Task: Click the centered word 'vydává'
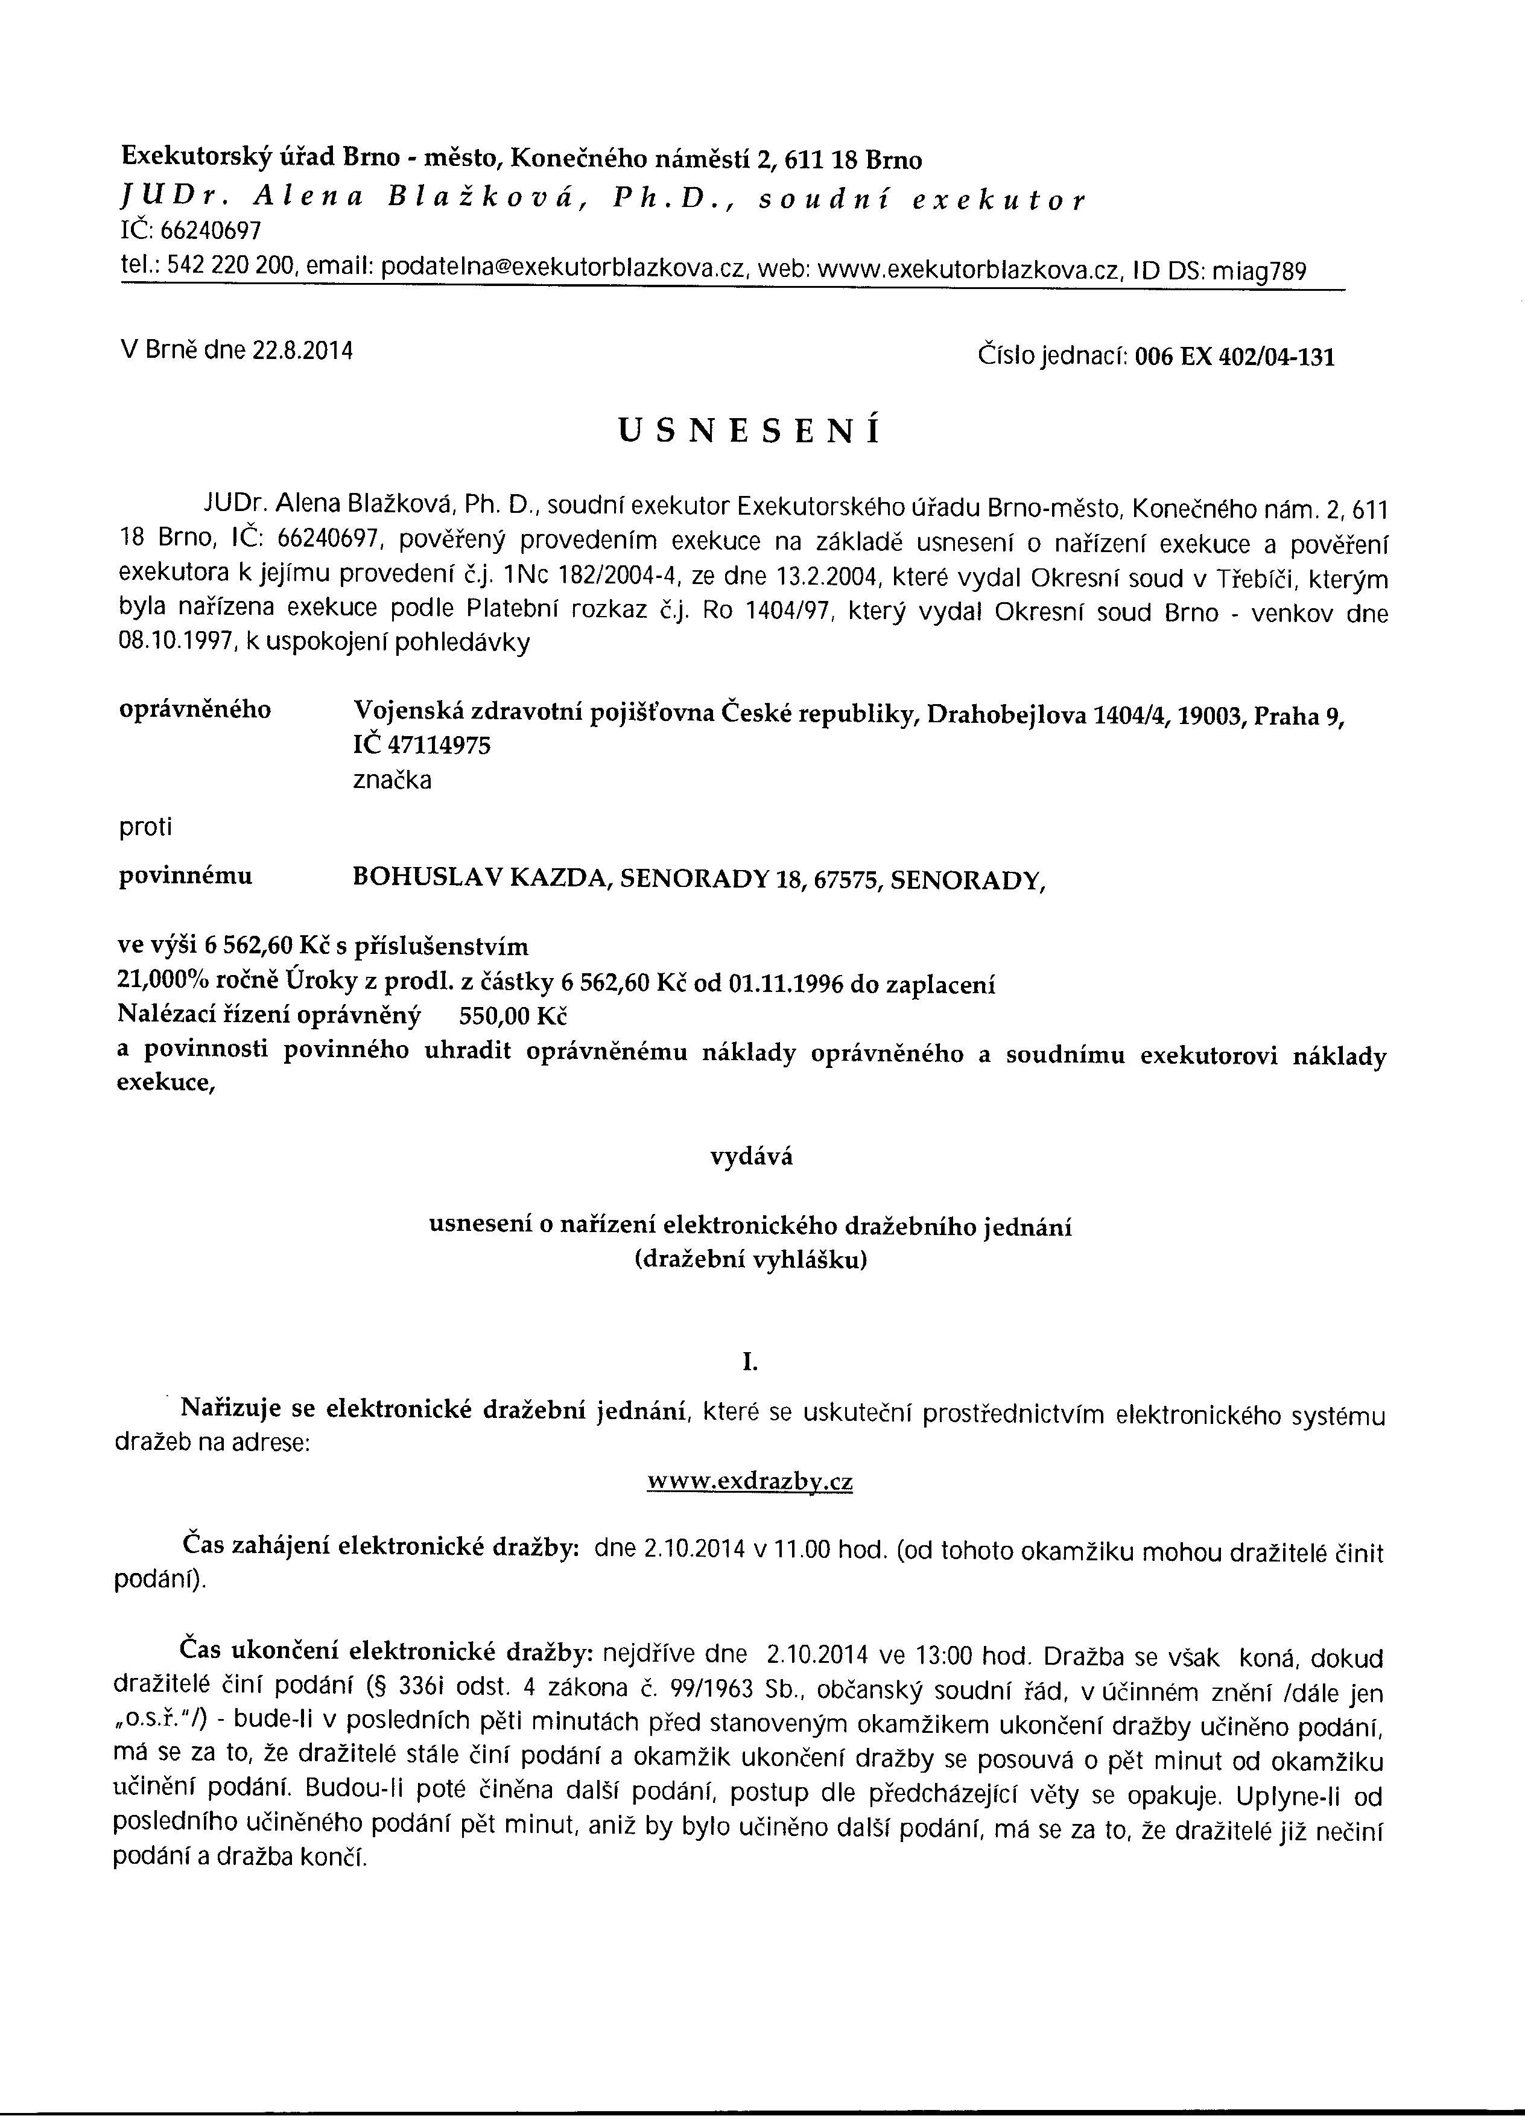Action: click(751, 1157)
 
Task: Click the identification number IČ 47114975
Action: click(422, 745)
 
